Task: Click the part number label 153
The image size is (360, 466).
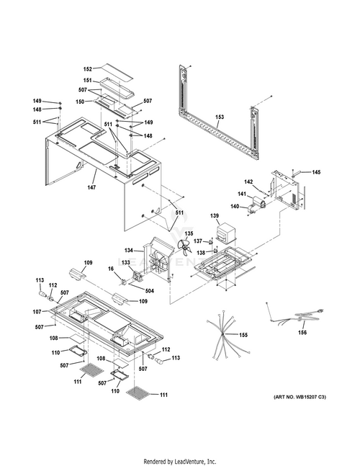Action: (x=220, y=117)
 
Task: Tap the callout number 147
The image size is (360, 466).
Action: (x=91, y=187)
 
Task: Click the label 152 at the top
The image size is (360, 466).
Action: (x=88, y=69)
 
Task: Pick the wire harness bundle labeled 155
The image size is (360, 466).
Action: (x=228, y=335)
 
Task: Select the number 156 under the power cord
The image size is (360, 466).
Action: (x=302, y=333)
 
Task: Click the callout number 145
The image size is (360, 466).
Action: (x=316, y=172)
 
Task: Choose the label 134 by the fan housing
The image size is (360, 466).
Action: (x=129, y=251)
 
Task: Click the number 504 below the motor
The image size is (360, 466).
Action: (x=150, y=291)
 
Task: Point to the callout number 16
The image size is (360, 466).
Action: (x=111, y=269)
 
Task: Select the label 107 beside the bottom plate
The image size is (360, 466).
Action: (x=37, y=312)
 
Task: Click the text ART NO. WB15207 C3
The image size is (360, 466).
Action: (x=300, y=397)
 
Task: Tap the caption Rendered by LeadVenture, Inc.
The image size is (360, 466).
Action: (x=180, y=462)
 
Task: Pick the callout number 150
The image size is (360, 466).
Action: (x=80, y=102)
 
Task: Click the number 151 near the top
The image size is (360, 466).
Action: (x=87, y=81)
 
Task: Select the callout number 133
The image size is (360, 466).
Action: (x=126, y=262)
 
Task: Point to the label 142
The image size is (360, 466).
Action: (x=248, y=182)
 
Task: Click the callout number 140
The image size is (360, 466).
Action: (x=235, y=206)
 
